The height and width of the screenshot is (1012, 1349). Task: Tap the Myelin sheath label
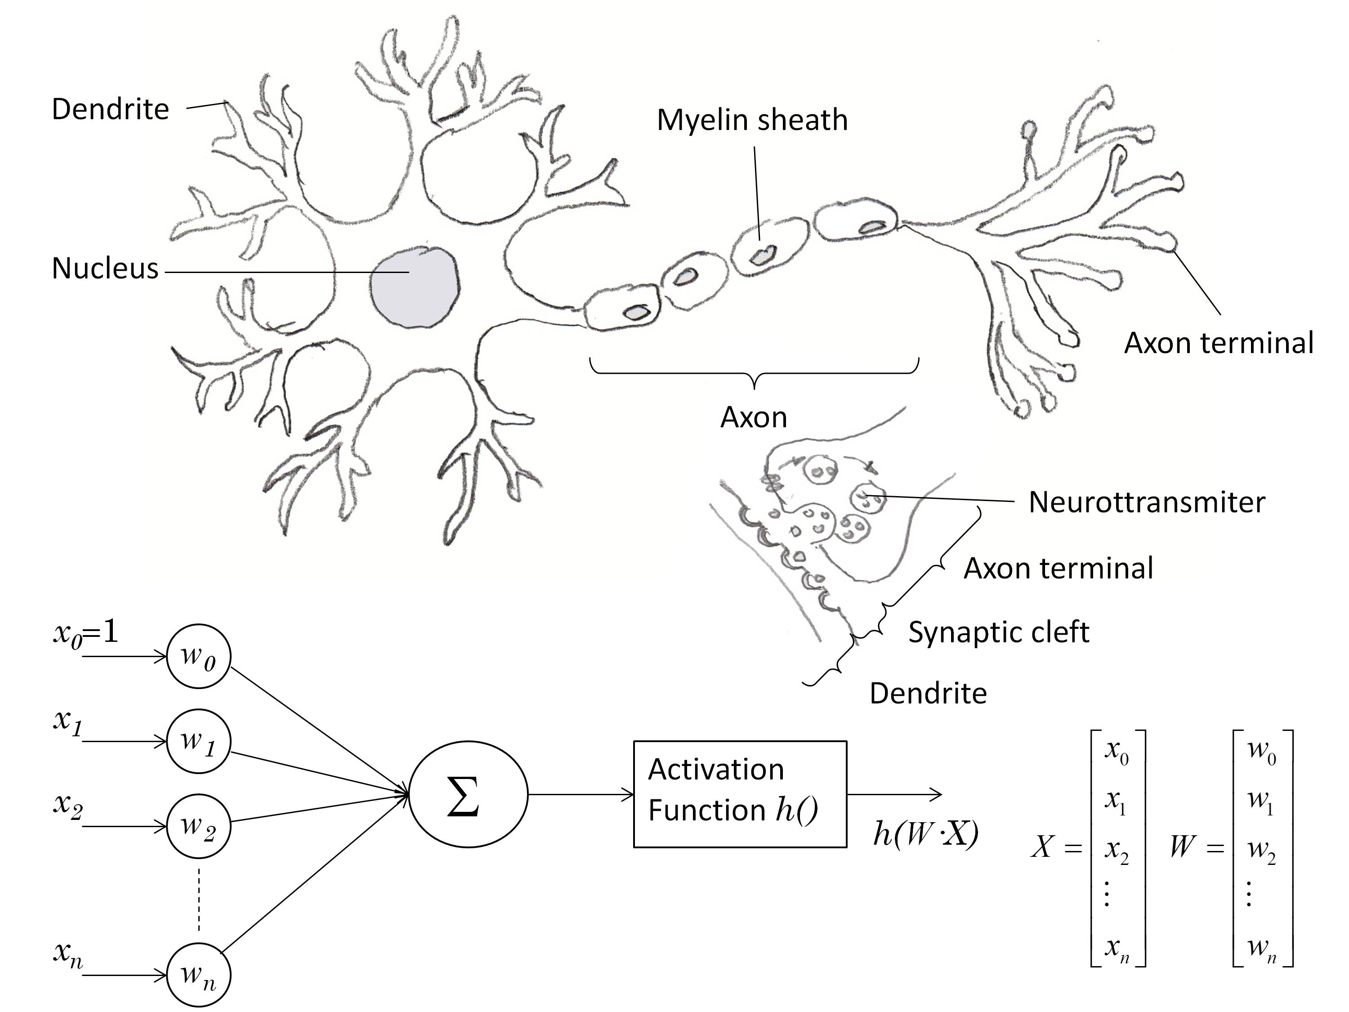[752, 120]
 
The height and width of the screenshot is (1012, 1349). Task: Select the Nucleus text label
[105, 269]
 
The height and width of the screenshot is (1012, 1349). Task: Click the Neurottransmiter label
[1147, 502]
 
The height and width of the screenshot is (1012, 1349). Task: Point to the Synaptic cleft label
[998, 632]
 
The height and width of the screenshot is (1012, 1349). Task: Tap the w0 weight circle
[199, 656]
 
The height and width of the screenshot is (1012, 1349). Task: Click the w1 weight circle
[199, 741]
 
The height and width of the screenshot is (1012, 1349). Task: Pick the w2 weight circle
[199, 827]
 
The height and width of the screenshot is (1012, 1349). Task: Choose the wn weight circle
[199, 975]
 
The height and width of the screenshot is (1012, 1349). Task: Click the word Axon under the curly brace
[754, 418]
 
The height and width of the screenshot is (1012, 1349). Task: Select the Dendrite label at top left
[110, 109]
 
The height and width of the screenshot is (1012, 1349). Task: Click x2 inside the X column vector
[1117, 850]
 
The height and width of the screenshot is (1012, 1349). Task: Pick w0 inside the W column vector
[1262, 749]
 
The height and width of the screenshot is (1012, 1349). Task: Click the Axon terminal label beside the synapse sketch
[1058, 569]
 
